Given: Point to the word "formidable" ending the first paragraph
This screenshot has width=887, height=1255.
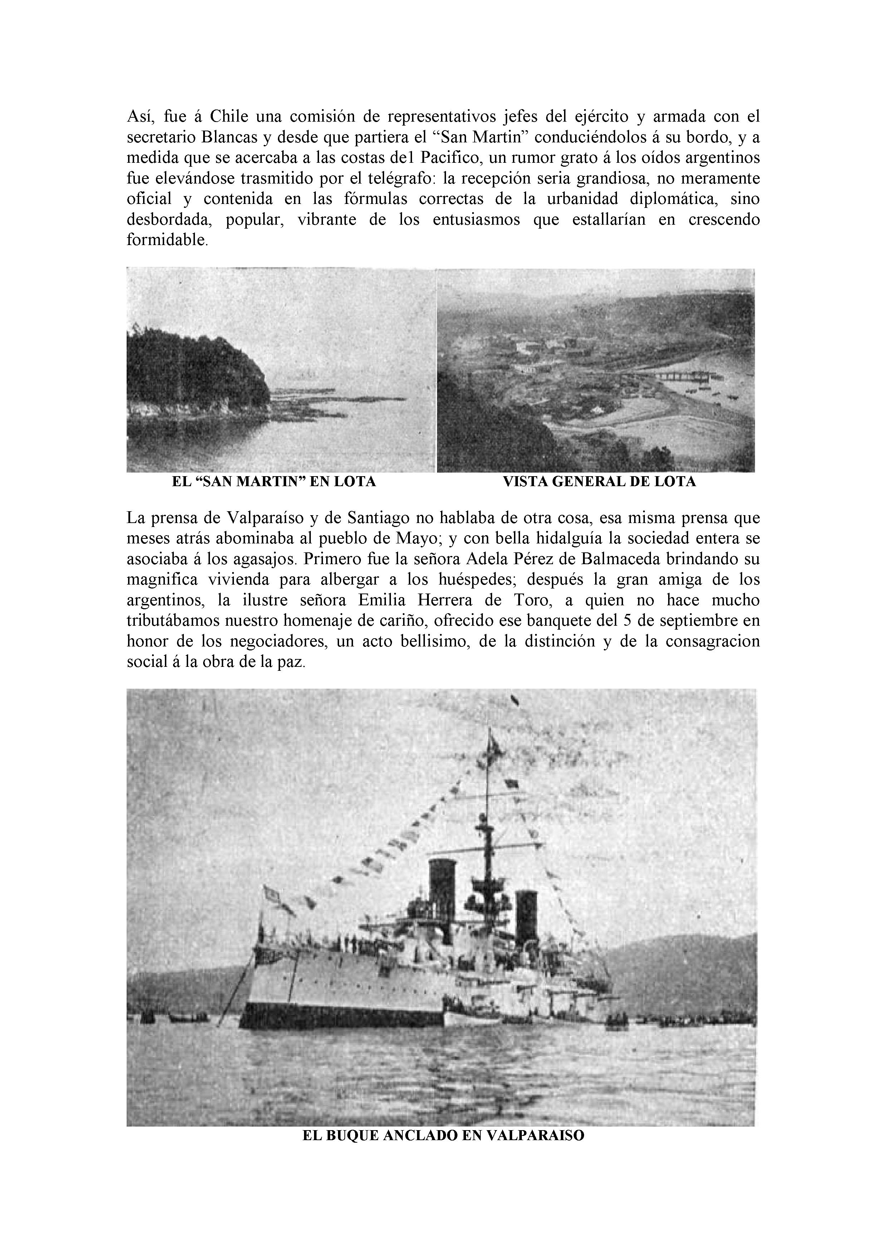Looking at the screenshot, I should pyautogui.click(x=166, y=240).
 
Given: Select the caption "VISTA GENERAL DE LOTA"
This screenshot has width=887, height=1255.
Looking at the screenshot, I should pyautogui.click(x=599, y=482).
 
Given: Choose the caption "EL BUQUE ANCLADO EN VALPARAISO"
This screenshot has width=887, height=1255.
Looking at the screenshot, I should pyautogui.click(x=443, y=1135).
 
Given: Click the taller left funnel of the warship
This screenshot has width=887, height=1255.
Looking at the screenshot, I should pyautogui.click(x=442, y=887).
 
